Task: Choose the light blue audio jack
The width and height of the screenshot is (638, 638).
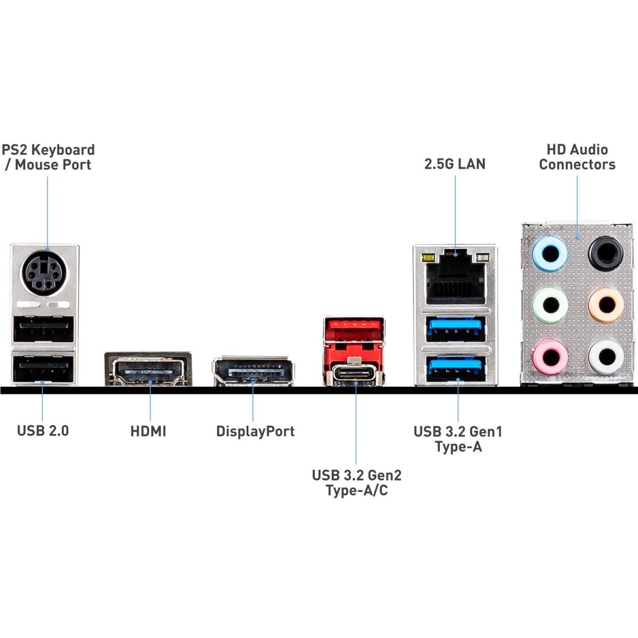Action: click(550, 253)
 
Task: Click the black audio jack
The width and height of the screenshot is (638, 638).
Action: click(606, 253)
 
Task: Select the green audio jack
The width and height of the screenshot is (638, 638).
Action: click(550, 305)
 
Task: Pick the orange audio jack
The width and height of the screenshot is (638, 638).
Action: click(606, 305)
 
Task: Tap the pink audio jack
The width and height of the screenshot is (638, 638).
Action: click(550, 356)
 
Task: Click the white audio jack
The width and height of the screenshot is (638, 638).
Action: click(606, 356)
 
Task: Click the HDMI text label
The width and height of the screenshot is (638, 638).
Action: click(148, 431)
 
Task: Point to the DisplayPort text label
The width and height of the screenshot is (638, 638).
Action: click(255, 431)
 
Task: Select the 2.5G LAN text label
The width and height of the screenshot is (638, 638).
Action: click(455, 164)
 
